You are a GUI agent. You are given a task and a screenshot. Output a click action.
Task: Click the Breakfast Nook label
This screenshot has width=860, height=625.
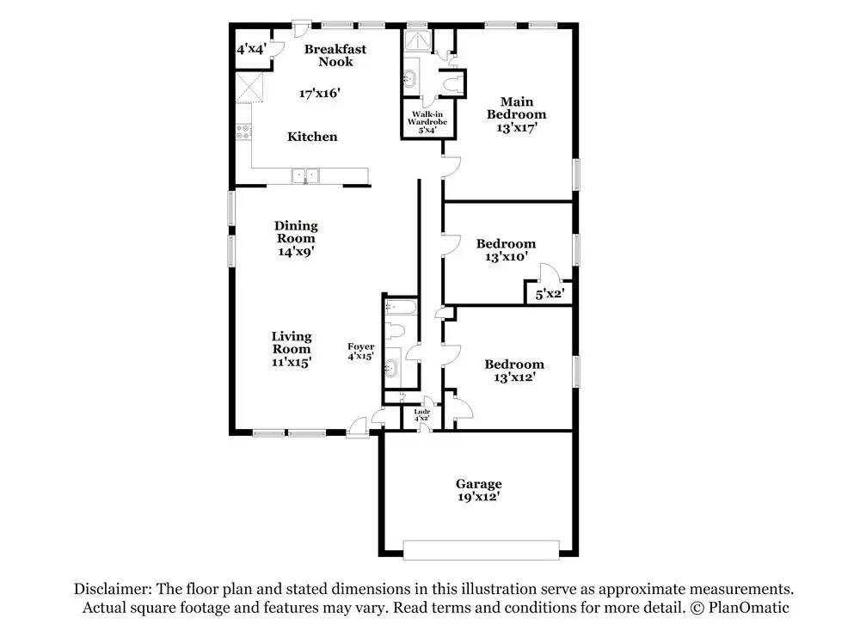[x=335, y=55]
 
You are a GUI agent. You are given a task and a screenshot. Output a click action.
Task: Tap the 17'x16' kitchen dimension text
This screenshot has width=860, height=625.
[x=320, y=93]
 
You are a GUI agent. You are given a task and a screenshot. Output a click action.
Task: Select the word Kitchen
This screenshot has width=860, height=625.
[x=312, y=137]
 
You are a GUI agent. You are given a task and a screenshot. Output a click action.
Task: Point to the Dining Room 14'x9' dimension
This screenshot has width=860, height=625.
[x=296, y=252]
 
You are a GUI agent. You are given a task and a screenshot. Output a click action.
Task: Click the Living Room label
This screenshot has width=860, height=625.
[x=292, y=343]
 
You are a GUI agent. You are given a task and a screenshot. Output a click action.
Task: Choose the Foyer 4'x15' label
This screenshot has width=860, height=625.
[x=361, y=351]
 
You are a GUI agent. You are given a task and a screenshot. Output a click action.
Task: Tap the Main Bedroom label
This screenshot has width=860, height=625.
[x=517, y=108]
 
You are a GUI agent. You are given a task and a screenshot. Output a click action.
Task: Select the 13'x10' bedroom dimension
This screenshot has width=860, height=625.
[x=507, y=256]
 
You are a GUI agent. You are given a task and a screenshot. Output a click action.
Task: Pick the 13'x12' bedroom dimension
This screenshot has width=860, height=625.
[x=514, y=377]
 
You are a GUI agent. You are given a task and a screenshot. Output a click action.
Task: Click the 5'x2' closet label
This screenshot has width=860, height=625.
[x=550, y=294]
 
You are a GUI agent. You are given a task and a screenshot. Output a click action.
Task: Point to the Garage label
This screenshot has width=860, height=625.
[x=479, y=483]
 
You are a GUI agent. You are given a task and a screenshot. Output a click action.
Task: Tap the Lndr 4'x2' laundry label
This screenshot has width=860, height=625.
[x=421, y=414]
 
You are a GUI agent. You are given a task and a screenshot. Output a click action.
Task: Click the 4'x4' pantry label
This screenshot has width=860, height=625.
[x=252, y=49]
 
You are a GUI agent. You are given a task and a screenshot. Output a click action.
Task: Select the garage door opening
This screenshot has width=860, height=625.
[x=481, y=550]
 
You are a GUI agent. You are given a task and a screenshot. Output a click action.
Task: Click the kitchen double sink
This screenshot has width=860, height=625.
[x=305, y=176]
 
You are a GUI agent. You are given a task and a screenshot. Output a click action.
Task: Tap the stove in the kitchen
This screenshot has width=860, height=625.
[x=243, y=132]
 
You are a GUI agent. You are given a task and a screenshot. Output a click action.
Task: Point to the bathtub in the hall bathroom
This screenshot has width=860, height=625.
[x=401, y=306]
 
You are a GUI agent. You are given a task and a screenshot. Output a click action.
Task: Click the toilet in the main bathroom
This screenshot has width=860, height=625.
[x=452, y=84]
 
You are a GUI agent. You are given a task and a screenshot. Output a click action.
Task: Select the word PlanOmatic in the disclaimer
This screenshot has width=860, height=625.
[x=748, y=608]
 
